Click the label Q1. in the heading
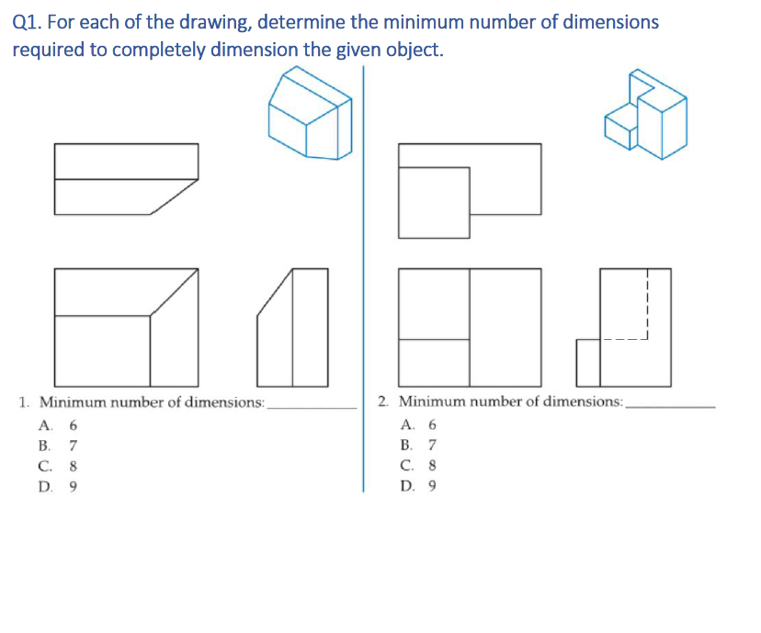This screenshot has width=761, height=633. tap(30, 22)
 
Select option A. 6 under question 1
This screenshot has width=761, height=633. tap(59, 425)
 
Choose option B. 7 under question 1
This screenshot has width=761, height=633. tap(59, 446)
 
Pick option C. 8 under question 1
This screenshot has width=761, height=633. tap(59, 466)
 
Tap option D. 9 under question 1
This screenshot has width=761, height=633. tap(59, 487)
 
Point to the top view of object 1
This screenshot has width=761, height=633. tap(125, 179)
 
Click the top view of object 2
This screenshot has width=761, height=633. tap(469, 191)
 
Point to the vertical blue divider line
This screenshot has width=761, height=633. tap(363, 276)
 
